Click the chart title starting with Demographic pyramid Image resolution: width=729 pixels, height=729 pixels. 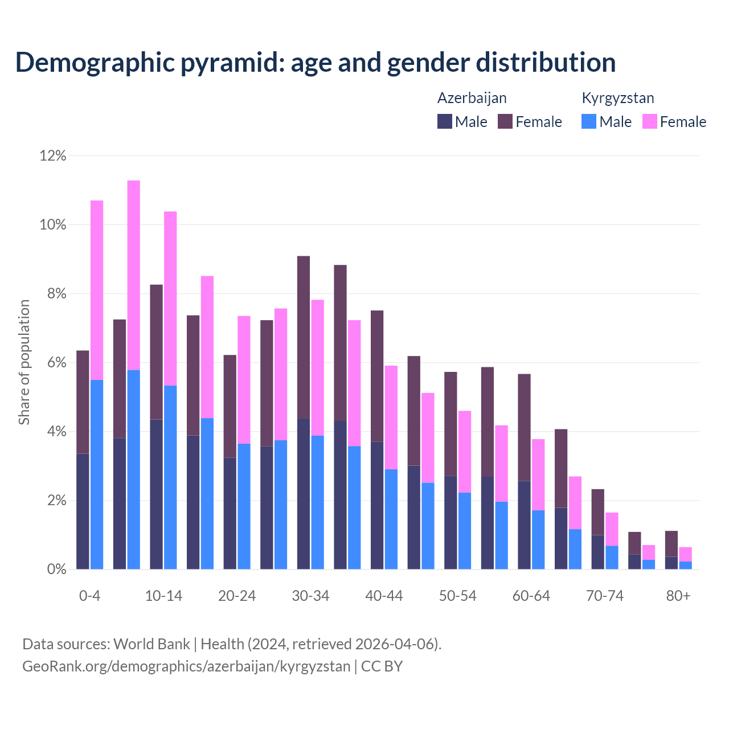click(315, 62)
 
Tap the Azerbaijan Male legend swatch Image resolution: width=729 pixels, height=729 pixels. click(444, 121)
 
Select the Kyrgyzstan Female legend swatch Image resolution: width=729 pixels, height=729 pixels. click(649, 121)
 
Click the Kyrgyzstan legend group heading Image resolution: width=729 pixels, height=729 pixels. click(617, 98)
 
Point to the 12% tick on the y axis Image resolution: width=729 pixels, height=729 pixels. click(53, 155)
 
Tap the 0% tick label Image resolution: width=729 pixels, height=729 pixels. click(56, 569)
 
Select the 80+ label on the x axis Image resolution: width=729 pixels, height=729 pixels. click(678, 596)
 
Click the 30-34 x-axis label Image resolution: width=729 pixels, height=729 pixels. click(310, 596)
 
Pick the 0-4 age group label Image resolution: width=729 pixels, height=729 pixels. click(90, 596)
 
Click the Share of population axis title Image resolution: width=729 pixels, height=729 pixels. click(24, 362)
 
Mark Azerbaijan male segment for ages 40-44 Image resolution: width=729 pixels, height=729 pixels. click(377, 505)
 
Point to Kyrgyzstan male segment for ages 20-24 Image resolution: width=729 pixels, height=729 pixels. click(244, 506)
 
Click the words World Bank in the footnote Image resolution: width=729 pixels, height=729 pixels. click(151, 644)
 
